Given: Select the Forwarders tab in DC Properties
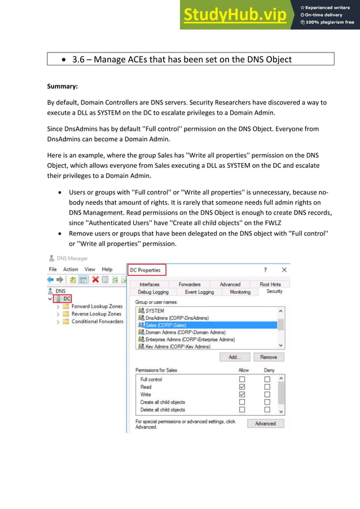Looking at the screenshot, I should [x=190, y=284].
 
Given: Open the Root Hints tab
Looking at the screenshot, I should [x=270, y=284].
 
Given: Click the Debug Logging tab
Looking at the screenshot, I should [x=153, y=292].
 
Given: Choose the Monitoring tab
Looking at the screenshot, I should [x=240, y=292].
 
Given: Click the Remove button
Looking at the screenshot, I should [x=269, y=357].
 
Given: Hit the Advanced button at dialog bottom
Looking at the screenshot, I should [x=265, y=423].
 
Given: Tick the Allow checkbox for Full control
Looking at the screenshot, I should [x=242, y=379].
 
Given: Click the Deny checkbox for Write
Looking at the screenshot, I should [x=267, y=394].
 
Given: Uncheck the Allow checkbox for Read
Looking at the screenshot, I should [x=242, y=387].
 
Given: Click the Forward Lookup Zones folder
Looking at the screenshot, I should [x=96, y=306].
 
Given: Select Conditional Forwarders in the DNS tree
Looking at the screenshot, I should [x=97, y=321].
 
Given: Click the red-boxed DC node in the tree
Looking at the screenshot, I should [x=67, y=299].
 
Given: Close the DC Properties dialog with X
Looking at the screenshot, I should [x=284, y=270].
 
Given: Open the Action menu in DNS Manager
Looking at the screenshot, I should [x=71, y=269].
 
